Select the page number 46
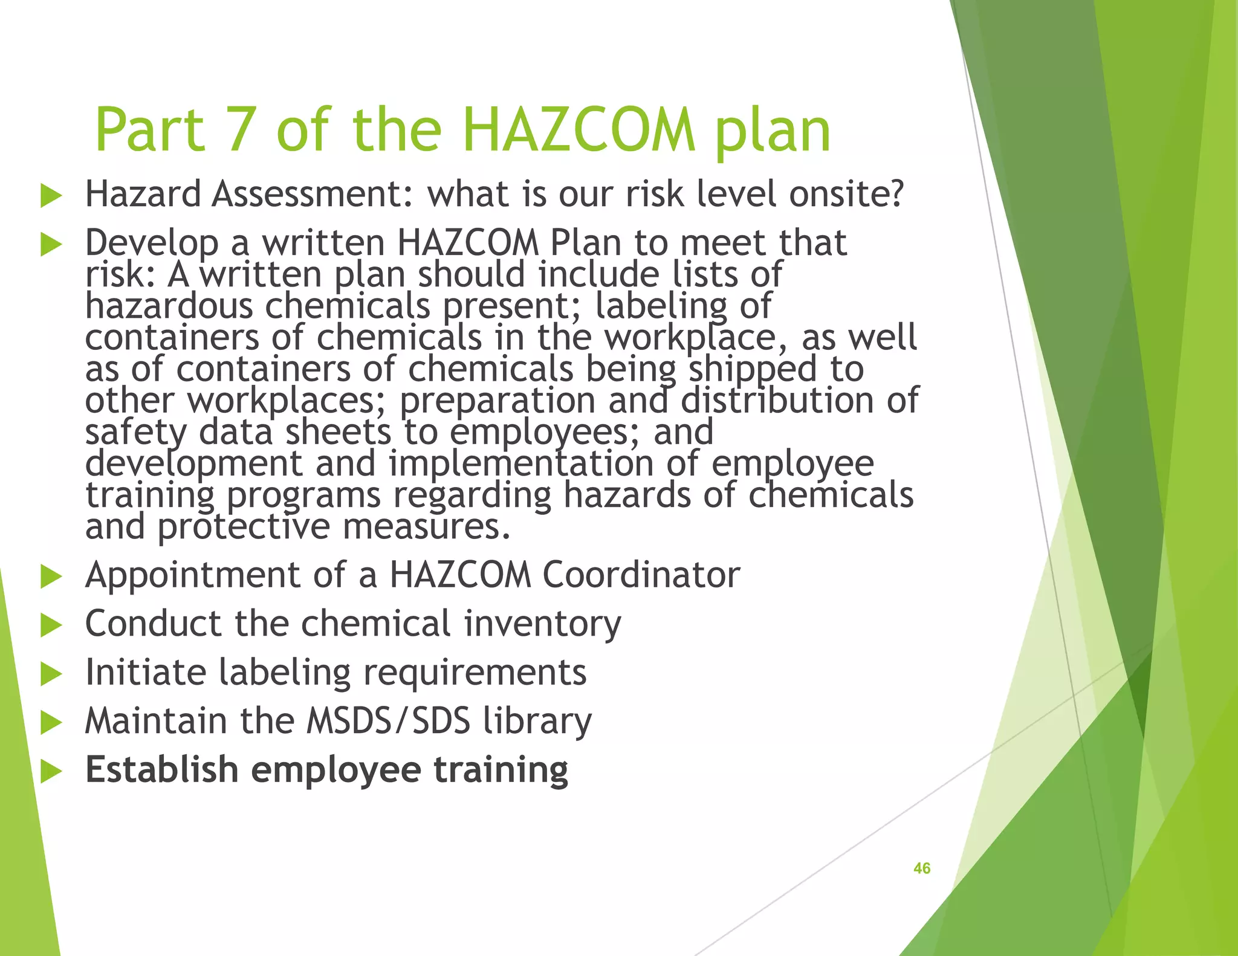click(x=921, y=868)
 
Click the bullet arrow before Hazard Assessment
click(x=51, y=196)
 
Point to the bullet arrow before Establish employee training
click(x=51, y=772)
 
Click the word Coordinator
click(x=641, y=574)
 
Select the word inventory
click(x=542, y=624)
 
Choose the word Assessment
click(x=311, y=194)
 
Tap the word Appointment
click(x=192, y=575)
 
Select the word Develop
click(x=152, y=244)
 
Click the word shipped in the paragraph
click(x=753, y=370)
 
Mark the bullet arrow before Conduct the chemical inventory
click(x=51, y=625)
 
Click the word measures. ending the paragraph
click(x=427, y=527)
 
